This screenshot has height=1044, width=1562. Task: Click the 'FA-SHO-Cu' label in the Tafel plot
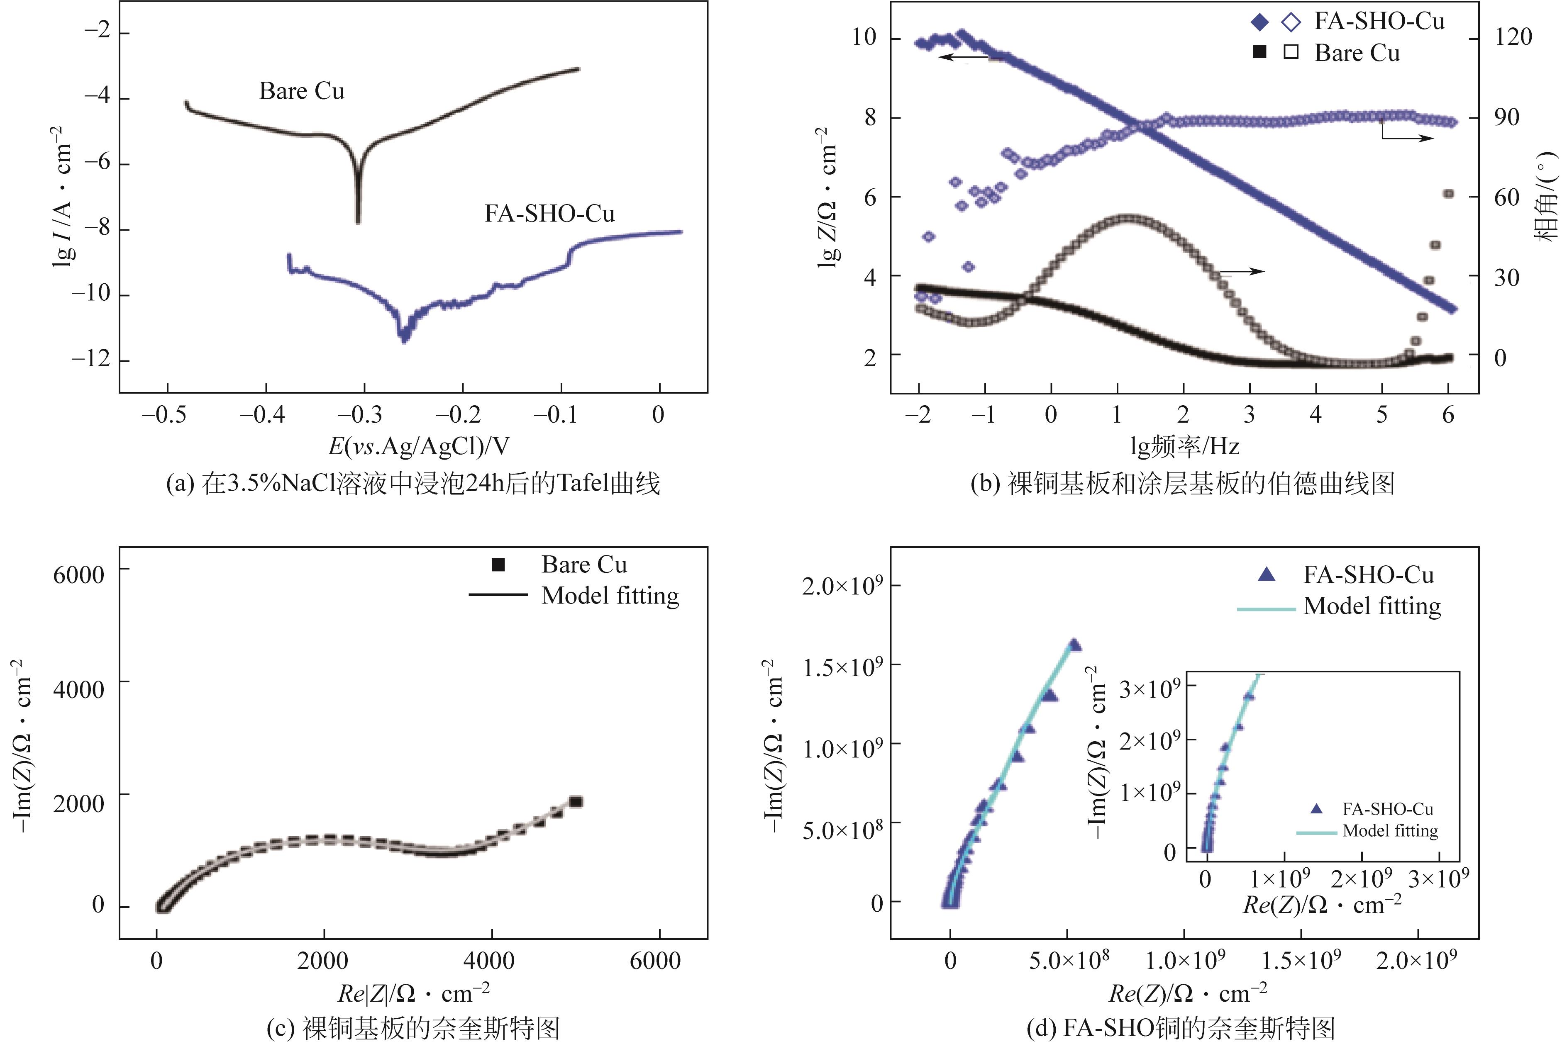pyautogui.click(x=549, y=214)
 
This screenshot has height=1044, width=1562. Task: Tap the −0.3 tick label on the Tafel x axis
pyautogui.click(x=360, y=415)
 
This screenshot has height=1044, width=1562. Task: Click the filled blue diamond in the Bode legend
pyautogui.click(x=1259, y=22)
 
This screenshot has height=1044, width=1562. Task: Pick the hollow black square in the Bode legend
pyautogui.click(x=1291, y=52)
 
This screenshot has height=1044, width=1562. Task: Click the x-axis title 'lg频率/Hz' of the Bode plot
pyautogui.click(x=1184, y=445)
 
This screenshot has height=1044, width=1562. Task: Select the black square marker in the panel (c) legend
pyautogui.click(x=498, y=565)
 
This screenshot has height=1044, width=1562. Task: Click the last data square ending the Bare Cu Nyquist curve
pyautogui.click(x=576, y=802)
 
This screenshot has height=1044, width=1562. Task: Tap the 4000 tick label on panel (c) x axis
pyautogui.click(x=490, y=961)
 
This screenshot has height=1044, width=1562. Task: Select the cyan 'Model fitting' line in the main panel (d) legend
pyautogui.click(x=1266, y=608)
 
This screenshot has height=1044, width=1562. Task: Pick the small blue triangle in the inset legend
pyautogui.click(x=1316, y=809)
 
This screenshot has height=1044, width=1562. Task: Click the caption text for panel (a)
pyautogui.click(x=413, y=483)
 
